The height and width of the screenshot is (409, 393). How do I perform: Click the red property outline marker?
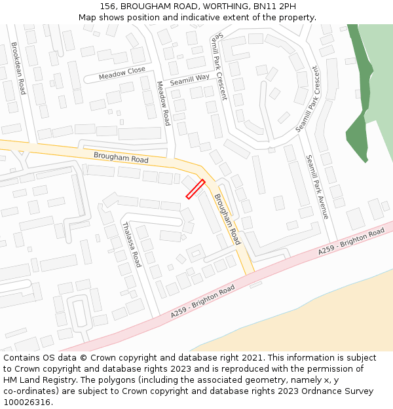(195, 189)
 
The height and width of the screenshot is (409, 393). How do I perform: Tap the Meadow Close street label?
(122, 75)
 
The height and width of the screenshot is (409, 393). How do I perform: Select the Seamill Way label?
(190, 80)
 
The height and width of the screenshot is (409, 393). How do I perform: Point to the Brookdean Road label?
(18, 69)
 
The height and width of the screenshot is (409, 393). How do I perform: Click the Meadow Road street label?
(163, 103)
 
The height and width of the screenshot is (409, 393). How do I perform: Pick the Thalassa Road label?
(131, 245)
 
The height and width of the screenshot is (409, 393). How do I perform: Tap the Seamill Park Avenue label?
(317, 187)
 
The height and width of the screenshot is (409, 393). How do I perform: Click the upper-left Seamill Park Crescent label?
(218, 67)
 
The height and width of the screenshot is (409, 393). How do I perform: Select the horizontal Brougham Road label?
(121, 158)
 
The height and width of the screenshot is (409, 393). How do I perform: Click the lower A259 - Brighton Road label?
(202, 302)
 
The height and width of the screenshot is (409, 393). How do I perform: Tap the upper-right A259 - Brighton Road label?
(351, 242)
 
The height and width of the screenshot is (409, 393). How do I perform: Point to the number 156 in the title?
(109, 6)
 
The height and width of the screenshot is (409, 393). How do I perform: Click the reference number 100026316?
(27, 402)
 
